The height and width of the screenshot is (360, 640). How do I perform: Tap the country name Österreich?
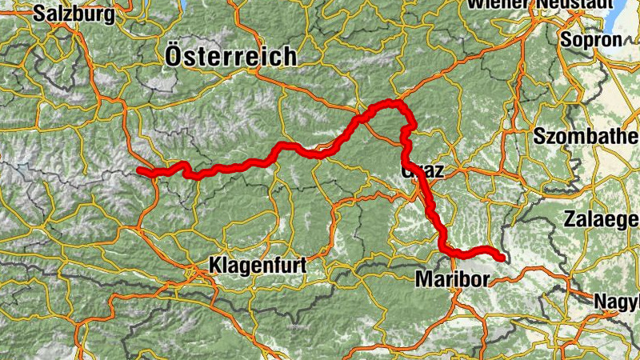point(230,57)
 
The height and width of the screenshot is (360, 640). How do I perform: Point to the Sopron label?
point(591,39)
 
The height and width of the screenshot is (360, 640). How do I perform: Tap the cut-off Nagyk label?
point(616,302)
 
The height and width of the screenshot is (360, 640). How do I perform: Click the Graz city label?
point(422,170)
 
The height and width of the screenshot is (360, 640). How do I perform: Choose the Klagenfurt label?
point(257,263)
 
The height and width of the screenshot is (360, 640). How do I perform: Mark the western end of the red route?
point(139,170)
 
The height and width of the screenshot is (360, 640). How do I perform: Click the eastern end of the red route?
point(502,258)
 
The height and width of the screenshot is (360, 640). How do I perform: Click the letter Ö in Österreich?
point(175,55)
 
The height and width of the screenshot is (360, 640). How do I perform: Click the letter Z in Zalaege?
point(570,218)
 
